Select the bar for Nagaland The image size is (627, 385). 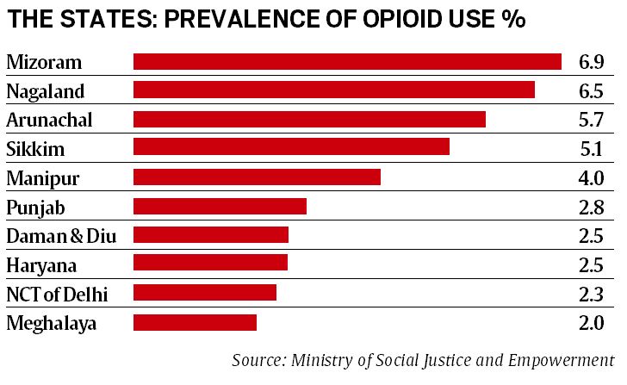click(x=334, y=90)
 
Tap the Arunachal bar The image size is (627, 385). click(x=309, y=120)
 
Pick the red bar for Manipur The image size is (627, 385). click(x=257, y=177)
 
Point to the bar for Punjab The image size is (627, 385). click(x=220, y=207)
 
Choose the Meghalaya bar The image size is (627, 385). click(x=195, y=323)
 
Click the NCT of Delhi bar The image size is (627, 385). click(x=205, y=294)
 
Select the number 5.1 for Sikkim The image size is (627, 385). click(x=591, y=149)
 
